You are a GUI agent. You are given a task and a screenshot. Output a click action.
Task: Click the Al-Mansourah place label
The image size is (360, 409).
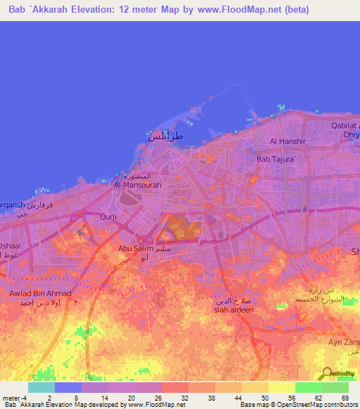[x=134, y=186]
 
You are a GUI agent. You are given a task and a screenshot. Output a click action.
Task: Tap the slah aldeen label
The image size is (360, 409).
[x=233, y=310]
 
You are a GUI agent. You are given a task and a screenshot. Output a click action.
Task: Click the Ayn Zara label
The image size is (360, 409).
[x=342, y=342]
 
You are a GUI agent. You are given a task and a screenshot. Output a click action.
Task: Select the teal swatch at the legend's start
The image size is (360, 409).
[x=41, y=387]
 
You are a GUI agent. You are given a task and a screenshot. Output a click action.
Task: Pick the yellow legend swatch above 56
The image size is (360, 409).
[x=281, y=387]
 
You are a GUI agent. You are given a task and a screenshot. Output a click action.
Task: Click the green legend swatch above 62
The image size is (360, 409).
[x=308, y=387]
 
